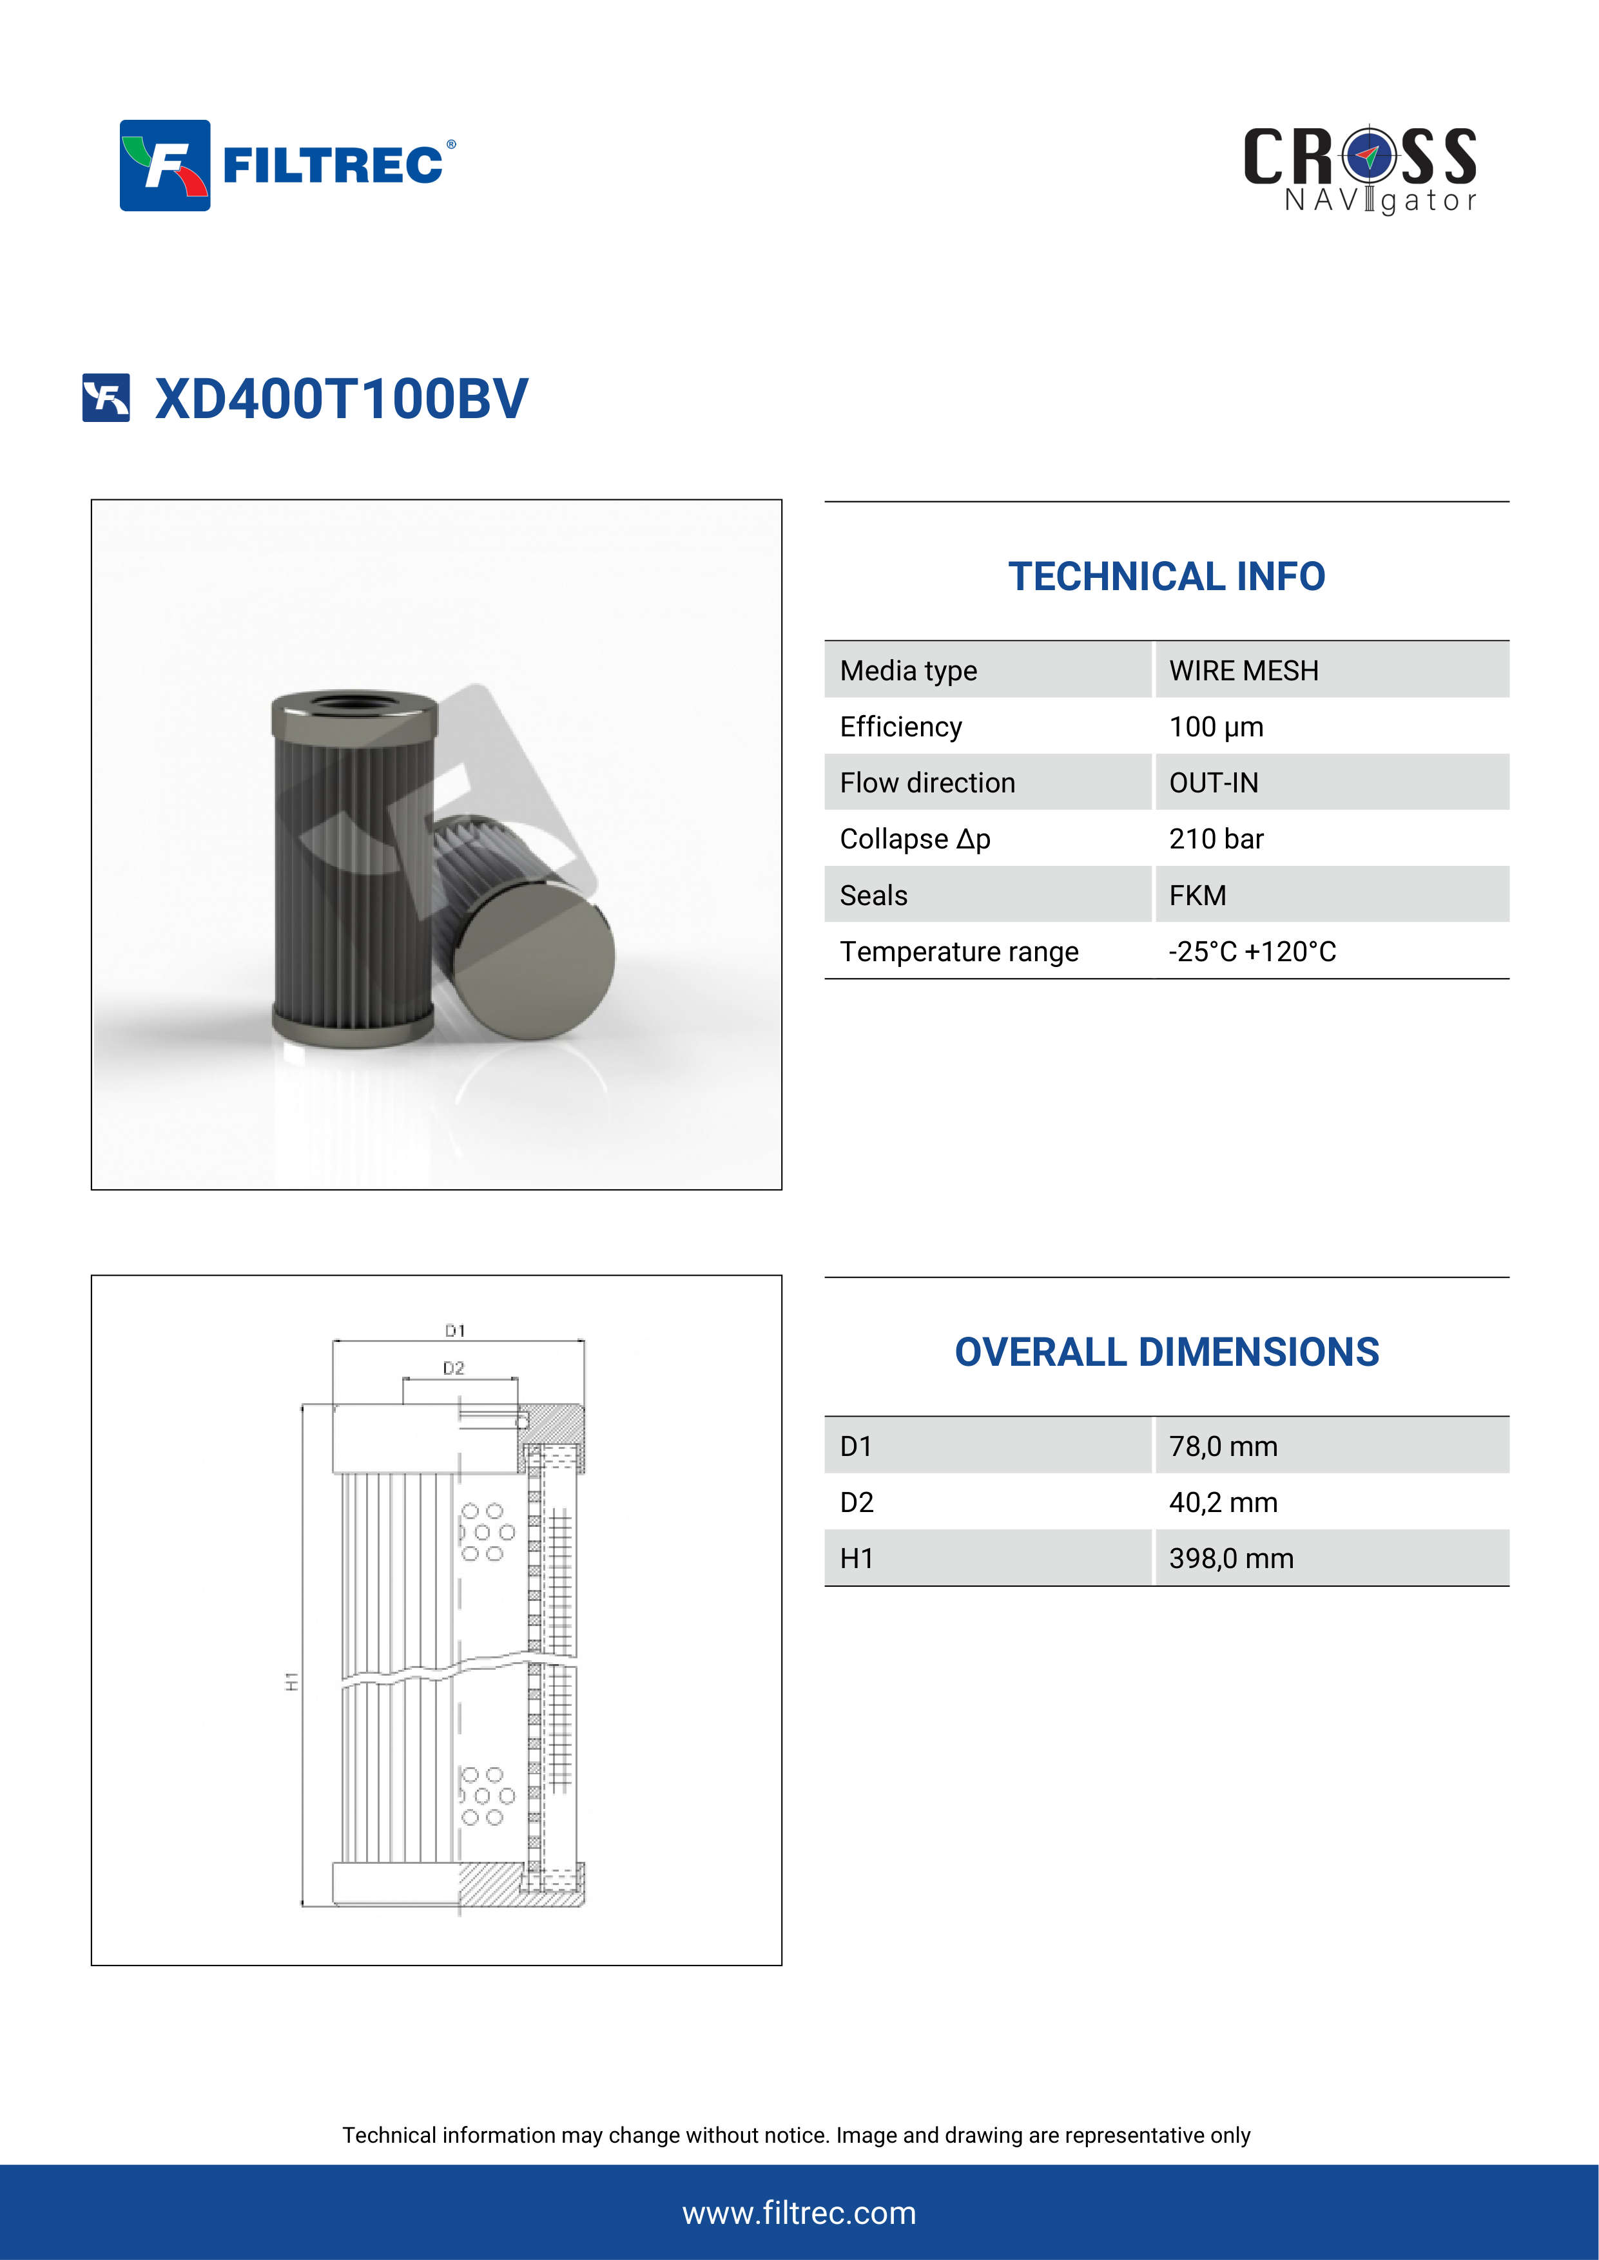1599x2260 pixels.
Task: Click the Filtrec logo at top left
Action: (287, 166)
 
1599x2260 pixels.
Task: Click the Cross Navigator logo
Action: (1360, 169)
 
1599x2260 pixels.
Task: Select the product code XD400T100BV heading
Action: (341, 399)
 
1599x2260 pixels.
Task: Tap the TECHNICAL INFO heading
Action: (1166, 577)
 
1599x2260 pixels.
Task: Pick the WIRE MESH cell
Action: (1243, 670)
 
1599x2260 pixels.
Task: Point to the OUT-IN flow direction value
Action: (1213, 783)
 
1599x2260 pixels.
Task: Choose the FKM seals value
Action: (1197, 895)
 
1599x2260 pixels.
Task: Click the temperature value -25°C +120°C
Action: (1252, 952)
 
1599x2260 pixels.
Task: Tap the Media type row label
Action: (908, 670)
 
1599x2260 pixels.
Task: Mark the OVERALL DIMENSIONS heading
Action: (1166, 1352)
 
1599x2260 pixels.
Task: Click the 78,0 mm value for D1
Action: (1222, 1446)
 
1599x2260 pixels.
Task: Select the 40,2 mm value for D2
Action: (1222, 1502)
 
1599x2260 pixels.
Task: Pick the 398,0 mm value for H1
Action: (1231, 1558)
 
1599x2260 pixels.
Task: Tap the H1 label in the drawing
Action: (291, 1681)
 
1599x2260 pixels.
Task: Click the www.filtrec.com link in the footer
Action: (799, 2213)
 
